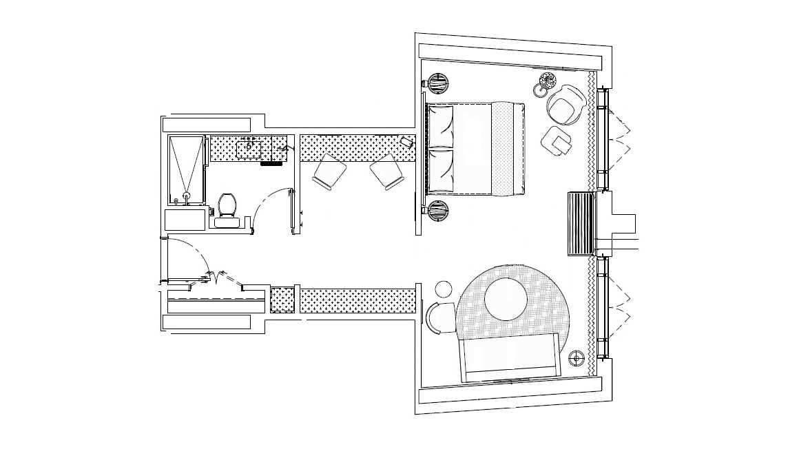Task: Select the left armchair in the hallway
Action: pos(329,171)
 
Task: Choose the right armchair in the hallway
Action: pos(385,171)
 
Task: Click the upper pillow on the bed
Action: pos(441,125)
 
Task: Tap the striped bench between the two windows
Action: pos(581,224)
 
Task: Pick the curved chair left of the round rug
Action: pos(440,317)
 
